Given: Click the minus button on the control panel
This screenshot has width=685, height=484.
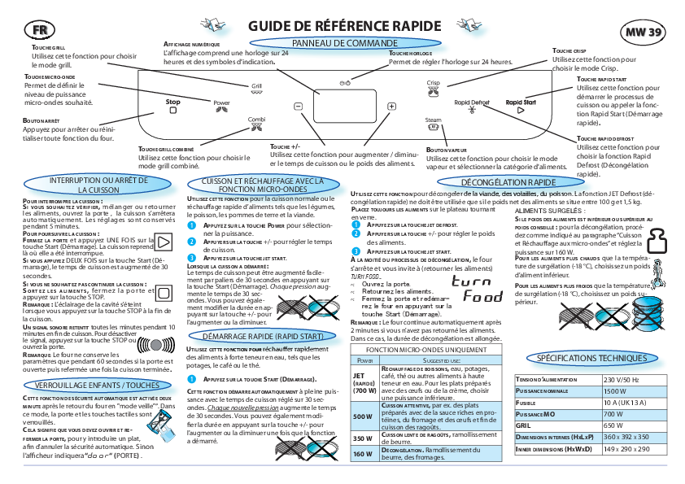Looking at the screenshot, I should point(298,107).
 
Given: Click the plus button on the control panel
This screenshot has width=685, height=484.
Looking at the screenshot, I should point(391,107).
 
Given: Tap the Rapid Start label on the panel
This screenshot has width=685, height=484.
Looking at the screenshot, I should point(521,102).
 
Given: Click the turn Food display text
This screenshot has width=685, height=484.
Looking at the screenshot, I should point(476,289).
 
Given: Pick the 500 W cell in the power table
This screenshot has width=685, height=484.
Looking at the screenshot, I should point(361,416).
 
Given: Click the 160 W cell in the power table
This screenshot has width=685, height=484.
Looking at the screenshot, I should point(361,454).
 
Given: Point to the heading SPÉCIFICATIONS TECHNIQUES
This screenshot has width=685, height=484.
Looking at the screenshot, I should point(592,358).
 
